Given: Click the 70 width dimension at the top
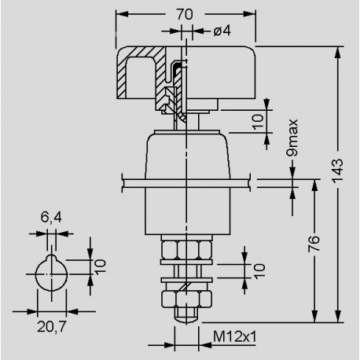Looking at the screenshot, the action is pos(185,14).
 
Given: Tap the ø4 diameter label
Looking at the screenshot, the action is pos(222,31).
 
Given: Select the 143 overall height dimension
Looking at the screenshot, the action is pos(337,171).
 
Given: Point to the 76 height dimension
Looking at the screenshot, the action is pos(314,244).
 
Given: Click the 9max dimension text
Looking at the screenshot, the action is pos(292,138).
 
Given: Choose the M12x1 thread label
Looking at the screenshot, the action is pos(235,336).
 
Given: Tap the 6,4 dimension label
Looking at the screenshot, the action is pos(51,217).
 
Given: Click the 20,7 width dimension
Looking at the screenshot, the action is pos(52,326).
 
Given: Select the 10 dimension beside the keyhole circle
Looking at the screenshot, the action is pos(100,267).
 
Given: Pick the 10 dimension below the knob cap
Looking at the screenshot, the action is pos(258,122).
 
